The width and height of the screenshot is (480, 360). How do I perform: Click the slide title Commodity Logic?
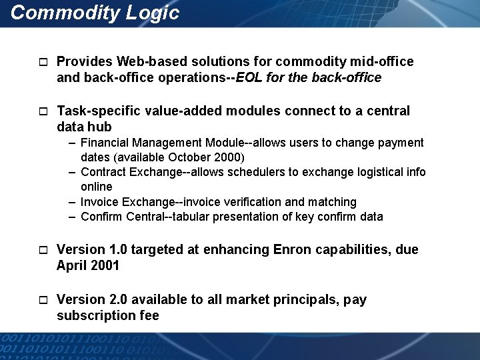point(95,13)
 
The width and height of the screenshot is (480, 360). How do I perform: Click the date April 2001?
point(88,266)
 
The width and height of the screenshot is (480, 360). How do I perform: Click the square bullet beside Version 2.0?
point(43,301)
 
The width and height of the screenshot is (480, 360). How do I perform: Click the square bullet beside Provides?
point(43,63)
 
